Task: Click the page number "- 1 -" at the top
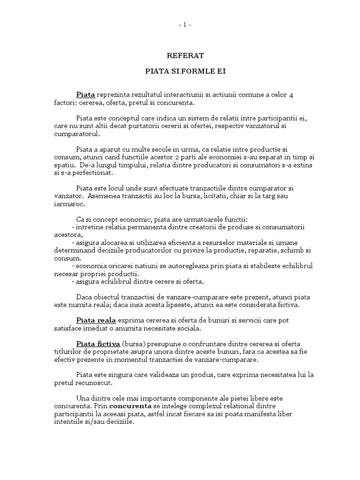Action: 180,25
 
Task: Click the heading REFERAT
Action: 180,56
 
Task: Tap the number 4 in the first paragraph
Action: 291,95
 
